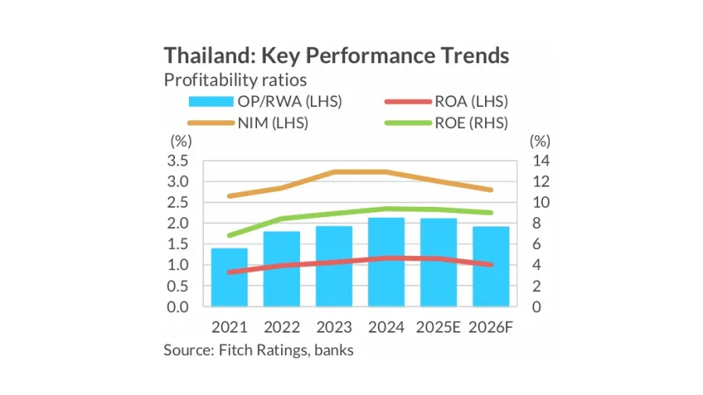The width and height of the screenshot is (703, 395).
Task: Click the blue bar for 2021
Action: point(229,277)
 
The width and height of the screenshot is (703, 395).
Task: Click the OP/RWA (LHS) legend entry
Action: point(266,101)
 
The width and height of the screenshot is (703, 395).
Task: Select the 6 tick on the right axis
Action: point(537,244)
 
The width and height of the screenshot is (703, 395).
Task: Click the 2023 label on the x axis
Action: point(334,327)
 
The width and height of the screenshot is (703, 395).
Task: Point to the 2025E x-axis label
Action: point(438,327)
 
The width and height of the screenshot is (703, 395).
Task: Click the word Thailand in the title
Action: point(205,56)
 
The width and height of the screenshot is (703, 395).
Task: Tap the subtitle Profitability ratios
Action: point(235,80)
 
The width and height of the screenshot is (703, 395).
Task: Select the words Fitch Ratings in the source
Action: point(262,350)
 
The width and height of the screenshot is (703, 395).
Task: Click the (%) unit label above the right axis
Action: point(540,141)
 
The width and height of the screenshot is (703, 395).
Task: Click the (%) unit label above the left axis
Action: point(180,141)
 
